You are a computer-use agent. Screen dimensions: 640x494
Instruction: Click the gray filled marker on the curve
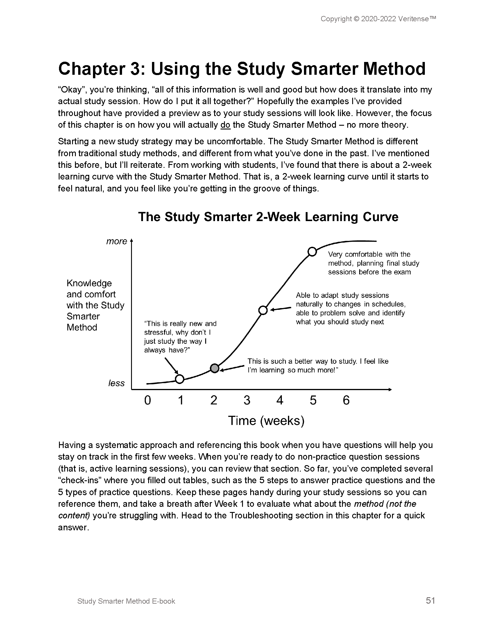215,368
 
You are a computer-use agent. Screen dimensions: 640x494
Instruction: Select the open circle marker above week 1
179,379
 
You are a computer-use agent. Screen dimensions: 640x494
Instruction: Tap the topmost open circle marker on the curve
312,251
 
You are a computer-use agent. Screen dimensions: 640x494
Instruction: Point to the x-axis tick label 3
247,400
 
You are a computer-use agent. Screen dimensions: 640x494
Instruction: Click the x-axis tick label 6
346,400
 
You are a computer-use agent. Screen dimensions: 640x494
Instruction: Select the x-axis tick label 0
148,400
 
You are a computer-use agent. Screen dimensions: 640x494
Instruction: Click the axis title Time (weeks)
266,421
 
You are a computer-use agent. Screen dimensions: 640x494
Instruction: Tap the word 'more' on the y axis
117,241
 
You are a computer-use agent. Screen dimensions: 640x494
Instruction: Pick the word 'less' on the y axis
117,383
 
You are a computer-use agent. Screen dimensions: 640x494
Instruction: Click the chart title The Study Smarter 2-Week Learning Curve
268,217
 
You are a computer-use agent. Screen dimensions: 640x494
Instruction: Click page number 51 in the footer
430,601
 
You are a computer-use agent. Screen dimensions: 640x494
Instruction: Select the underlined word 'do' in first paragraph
225,125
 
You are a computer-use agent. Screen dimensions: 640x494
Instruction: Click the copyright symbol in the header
356,19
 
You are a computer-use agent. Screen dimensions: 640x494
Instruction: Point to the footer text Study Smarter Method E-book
126,601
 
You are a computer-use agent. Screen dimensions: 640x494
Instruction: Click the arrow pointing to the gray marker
232,368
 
